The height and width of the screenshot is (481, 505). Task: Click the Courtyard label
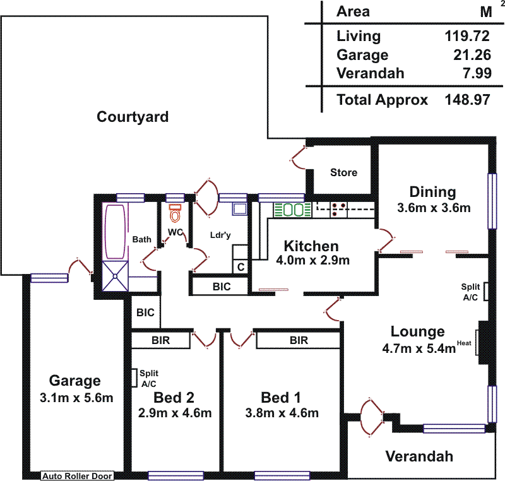click(x=133, y=117)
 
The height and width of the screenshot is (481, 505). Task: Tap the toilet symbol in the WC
click(x=175, y=213)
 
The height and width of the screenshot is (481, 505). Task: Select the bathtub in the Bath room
click(x=116, y=230)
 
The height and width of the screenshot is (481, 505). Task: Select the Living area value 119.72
click(x=468, y=36)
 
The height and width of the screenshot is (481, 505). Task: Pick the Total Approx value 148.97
click(x=468, y=100)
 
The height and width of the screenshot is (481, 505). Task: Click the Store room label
click(x=343, y=172)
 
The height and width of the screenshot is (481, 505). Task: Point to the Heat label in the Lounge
click(x=465, y=343)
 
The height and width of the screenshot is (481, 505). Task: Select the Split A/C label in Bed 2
click(x=149, y=378)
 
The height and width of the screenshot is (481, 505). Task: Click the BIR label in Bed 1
click(x=299, y=341)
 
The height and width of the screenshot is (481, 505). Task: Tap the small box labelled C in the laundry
click(x=241, y=267)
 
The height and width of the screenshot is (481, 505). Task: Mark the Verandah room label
click(x=419, y=456)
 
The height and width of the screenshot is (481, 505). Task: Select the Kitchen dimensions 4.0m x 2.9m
click(x=311, y=260)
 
